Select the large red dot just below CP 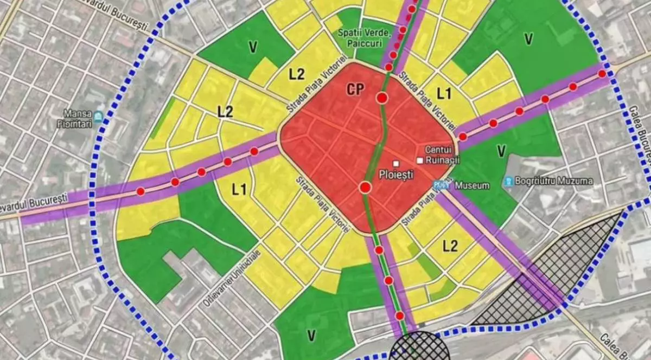pos(382,98)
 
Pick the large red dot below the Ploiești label pos(365,188)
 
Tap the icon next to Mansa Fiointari pos(98,116)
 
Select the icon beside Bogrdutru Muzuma pos(508,181)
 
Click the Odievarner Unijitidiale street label pos(232,278)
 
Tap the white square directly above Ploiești pos(397,163)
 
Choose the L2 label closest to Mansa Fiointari pos(225,112)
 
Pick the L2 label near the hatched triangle pos(450,246)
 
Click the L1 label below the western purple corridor pos(239,189)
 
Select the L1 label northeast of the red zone pos(444,93)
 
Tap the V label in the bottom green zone pos(311,336)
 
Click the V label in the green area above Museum pos(501,149)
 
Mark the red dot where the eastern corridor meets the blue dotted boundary pos(602,74)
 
